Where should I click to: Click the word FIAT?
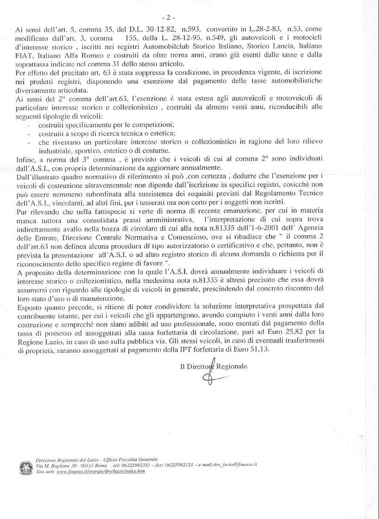(24, 57)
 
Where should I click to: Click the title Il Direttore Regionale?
(214, 366)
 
